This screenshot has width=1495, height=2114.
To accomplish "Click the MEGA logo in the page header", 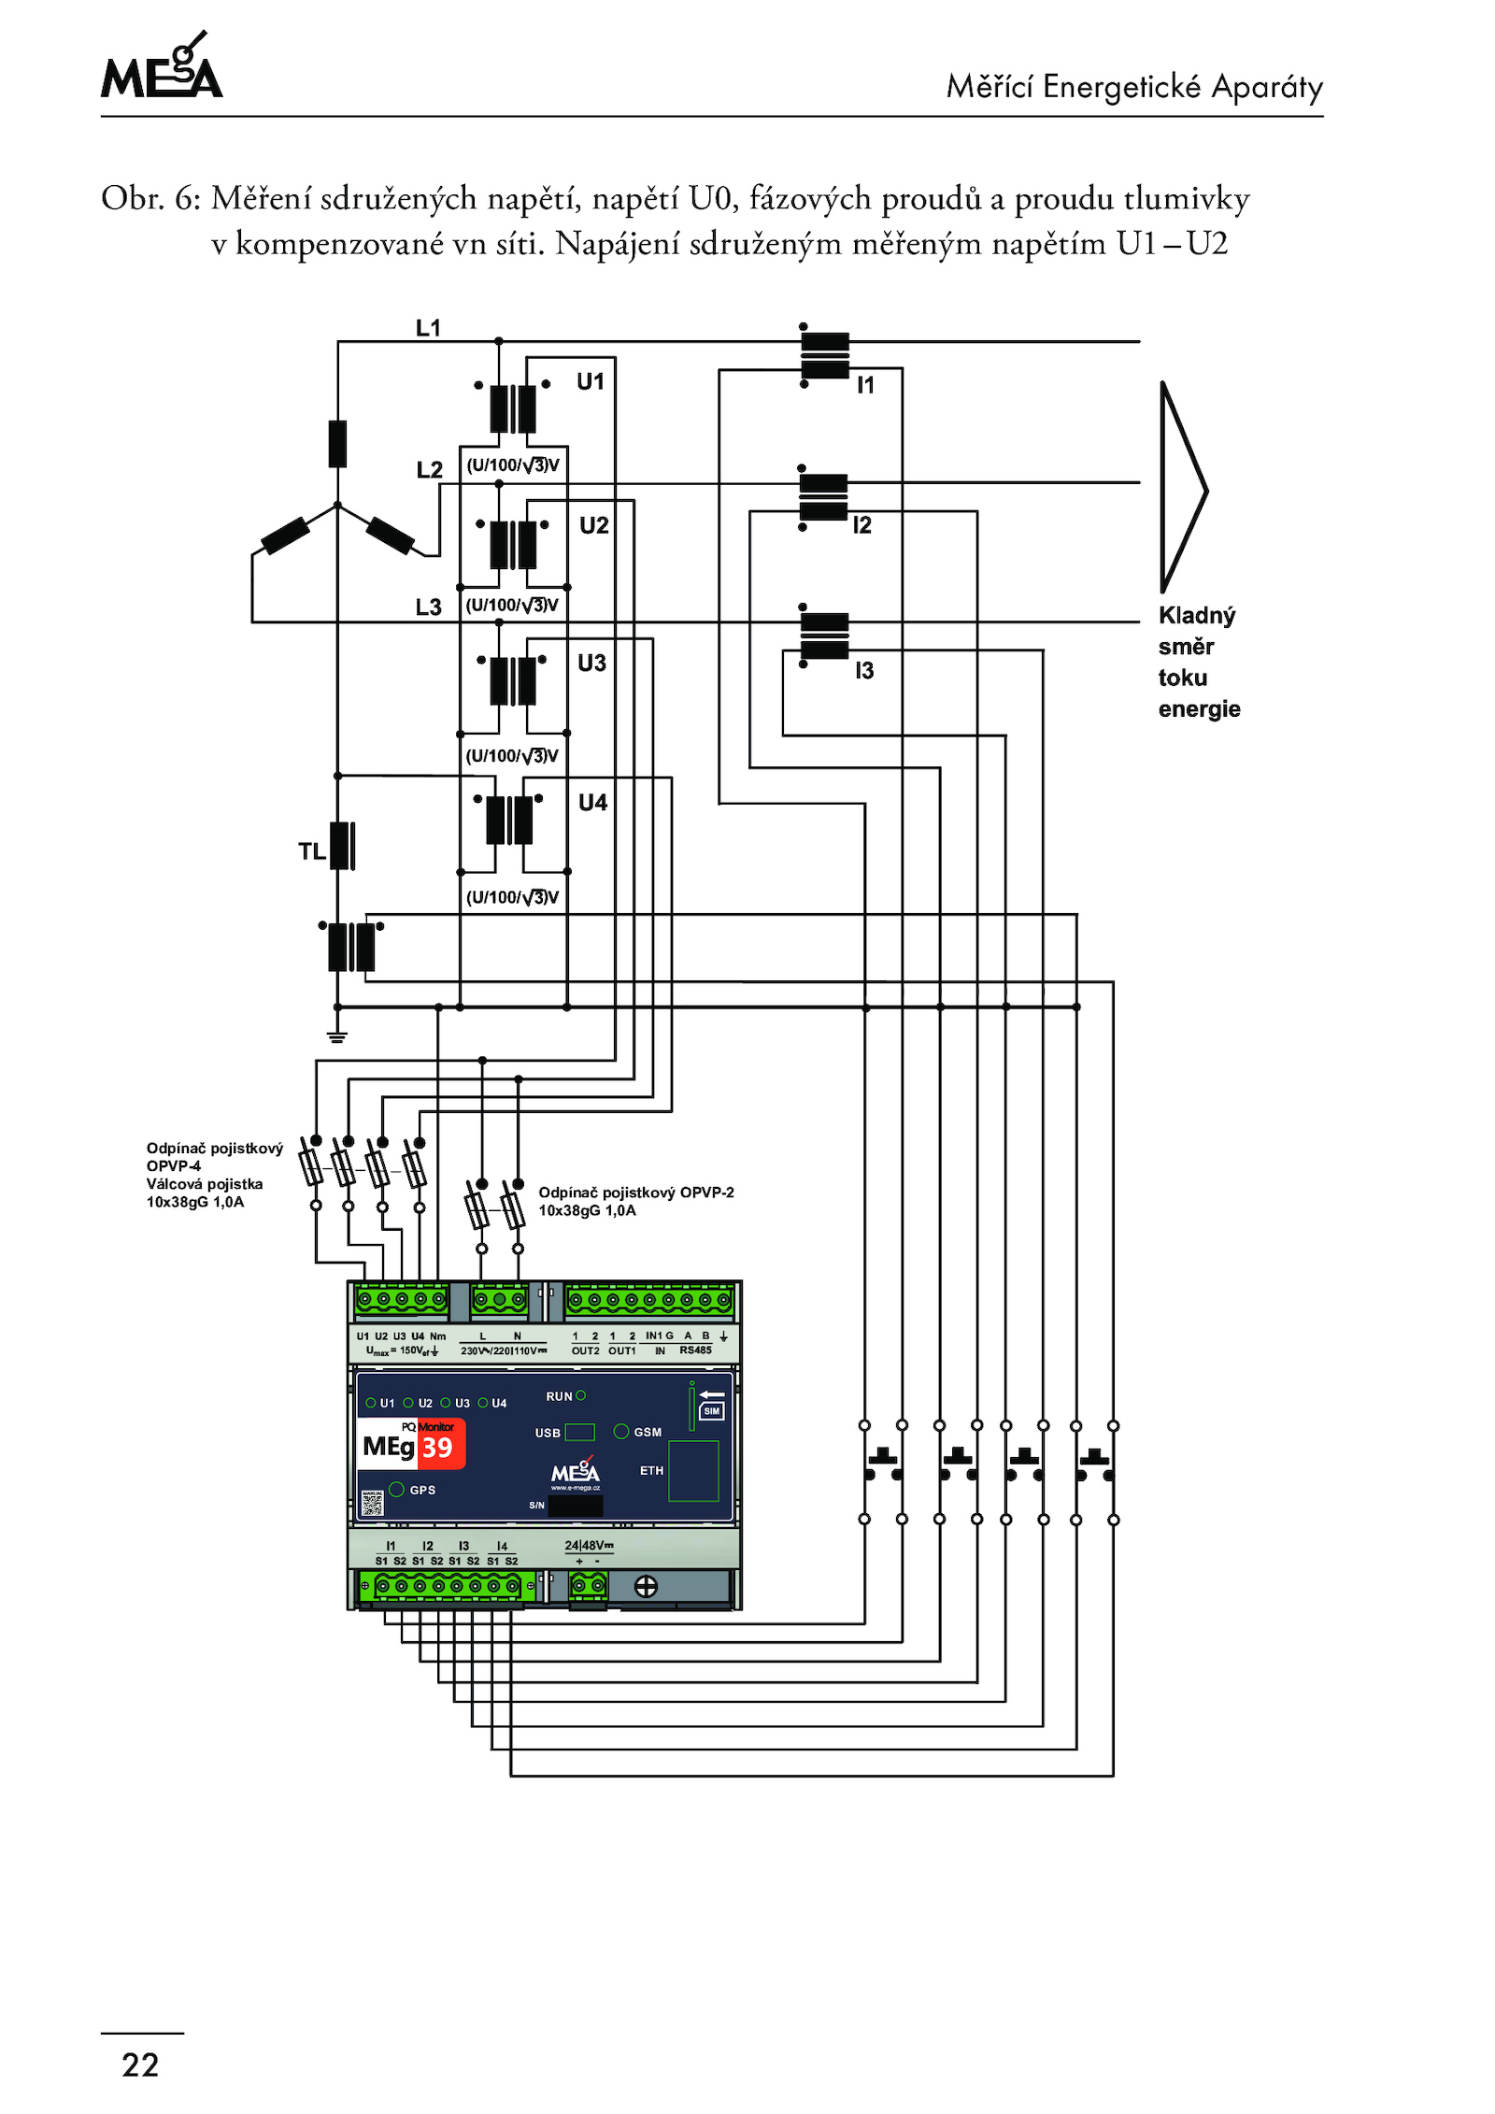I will click(x=162, y=67).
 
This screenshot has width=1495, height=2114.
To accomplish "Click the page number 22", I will click(x=140, y=2064).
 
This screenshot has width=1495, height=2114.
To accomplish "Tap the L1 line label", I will click(x=428, y=328).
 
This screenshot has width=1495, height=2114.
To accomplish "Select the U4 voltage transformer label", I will click(x=592, y=802).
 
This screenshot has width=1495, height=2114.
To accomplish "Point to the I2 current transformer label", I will click(x=861, y=525).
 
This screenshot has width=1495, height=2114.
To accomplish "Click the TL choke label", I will click(x=311, y=851).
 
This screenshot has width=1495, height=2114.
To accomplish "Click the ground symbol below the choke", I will click(x=337, y=1036).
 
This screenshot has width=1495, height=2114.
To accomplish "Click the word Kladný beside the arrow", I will click(x=1196, y=615).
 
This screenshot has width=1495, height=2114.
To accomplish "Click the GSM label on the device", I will click(x=648, y=1432).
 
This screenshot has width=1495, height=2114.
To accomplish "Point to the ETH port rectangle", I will click(x=693, y=1471).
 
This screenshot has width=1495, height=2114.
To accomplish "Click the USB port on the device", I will click(x=579, y=1432).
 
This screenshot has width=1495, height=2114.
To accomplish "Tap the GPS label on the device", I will click(x=422, y=1490).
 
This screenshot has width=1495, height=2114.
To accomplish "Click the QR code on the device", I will click(x=372, y=1502).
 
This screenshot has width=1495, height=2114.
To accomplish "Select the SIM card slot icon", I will click(x=711, y=1410).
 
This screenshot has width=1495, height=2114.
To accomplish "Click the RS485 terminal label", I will click(x=695, y=1350).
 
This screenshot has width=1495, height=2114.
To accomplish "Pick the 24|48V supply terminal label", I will click(x=589, y=1546).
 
